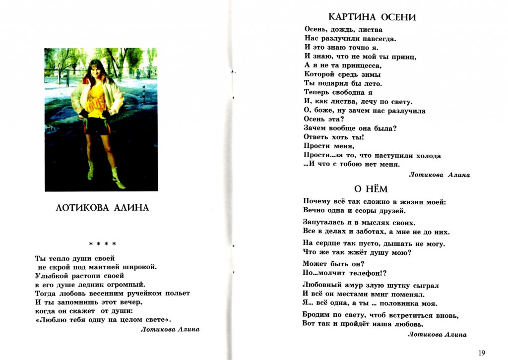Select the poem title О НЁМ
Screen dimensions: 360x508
(371, 189)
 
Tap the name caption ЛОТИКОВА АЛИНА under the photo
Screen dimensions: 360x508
(103, 208)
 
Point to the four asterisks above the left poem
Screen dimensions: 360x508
(103, 244)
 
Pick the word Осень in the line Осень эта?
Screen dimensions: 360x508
(316, 120)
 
